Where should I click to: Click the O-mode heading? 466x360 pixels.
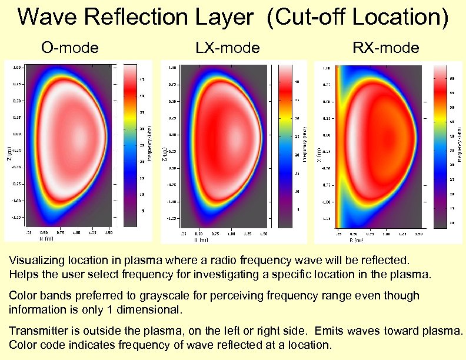coord(69,47)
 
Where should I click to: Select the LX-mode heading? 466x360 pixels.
coord(227,47)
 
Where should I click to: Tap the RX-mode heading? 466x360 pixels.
coord(385,47)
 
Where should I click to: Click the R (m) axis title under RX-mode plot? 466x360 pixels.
coord(357,240)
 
